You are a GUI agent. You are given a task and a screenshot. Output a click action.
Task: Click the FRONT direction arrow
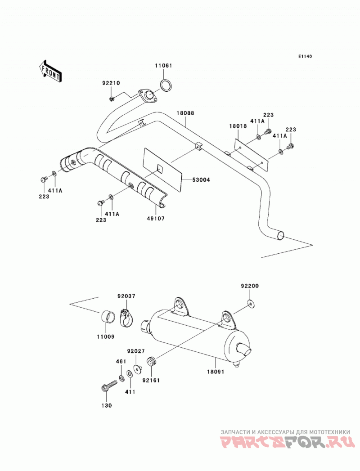(50, 71)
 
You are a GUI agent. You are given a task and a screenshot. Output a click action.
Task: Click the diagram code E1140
(305, 56)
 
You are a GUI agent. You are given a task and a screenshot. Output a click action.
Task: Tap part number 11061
(163, 66)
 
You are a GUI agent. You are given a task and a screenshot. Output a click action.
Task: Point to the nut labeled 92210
(112, 99)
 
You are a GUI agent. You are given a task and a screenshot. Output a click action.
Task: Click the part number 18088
(185, 113)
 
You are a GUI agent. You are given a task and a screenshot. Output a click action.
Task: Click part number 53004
(201, 180)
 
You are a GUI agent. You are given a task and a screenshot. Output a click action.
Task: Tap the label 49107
(156, 219)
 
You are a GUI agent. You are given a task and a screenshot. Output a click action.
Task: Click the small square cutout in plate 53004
(160, 169)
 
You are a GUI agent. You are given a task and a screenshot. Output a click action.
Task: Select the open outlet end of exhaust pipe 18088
(280, 236)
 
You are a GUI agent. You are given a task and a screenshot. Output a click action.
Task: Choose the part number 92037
(126, 296)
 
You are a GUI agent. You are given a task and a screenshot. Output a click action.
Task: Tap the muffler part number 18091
(215, 372)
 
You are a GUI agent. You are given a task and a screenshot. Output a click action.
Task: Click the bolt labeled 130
(109, 386)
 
